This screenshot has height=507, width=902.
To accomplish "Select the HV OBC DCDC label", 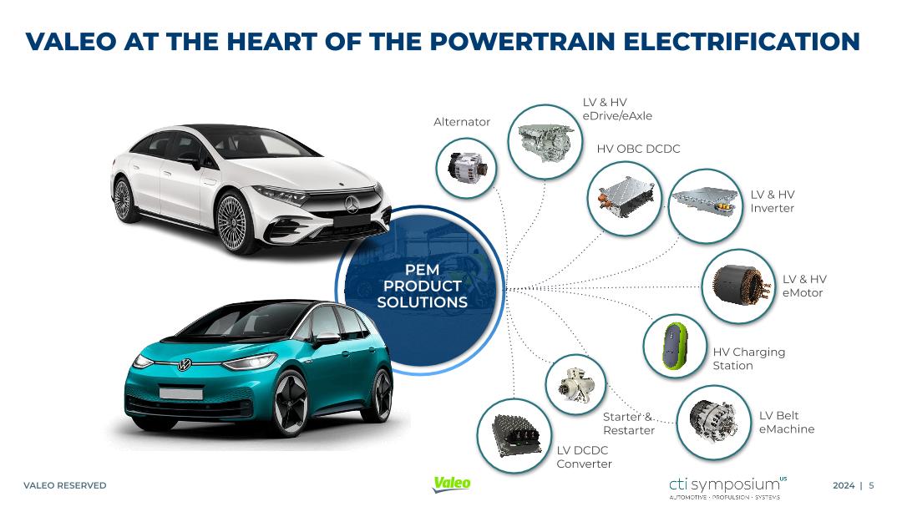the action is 638,149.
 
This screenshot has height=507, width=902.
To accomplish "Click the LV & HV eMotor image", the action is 738,286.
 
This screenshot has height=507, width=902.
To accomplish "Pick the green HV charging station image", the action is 674,346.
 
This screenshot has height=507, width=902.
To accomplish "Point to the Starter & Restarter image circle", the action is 575,384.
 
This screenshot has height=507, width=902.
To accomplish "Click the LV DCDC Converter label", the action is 584,457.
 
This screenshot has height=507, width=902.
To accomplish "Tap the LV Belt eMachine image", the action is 714,422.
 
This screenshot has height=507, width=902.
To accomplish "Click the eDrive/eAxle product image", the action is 545,141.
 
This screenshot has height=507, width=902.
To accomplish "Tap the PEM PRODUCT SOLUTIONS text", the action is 423,286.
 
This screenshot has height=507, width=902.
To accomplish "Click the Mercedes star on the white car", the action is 352,205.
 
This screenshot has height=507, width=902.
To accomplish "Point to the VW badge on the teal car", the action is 184,364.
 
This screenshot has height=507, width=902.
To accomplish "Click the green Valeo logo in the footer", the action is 452,484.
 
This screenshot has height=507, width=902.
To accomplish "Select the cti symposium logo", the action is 727,487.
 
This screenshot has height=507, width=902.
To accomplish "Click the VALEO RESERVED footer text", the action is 65,485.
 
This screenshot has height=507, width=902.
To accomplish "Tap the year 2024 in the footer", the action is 844,485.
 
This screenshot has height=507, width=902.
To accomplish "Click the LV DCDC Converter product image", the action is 514,436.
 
